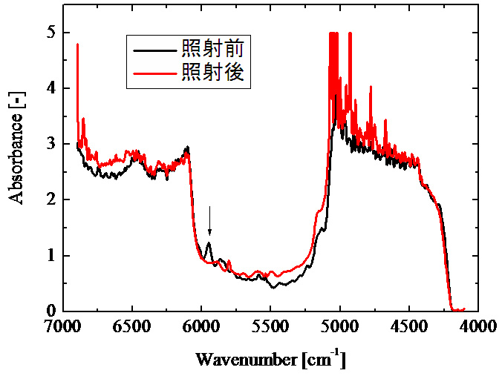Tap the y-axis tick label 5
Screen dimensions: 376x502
pos(52,33)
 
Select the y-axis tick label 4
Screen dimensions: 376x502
pos(52,89)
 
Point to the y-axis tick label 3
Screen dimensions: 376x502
pos(52,145)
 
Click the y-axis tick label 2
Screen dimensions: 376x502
pos(52,200)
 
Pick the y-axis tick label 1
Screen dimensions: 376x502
pos(52,256)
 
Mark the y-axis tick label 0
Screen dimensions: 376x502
pos(52,311)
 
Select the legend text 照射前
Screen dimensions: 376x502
pos(212,50)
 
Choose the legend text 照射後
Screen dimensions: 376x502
pos(212,73)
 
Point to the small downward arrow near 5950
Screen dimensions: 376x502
pos(209,220)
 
